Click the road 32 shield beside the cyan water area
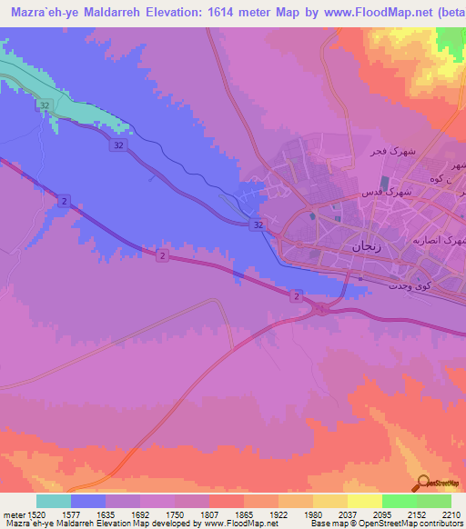pos(44,106)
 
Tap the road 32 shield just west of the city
pos(258,225)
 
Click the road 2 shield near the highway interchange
pos(296,296)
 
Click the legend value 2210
pos(441,514)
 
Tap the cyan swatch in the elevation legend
pos(54,500)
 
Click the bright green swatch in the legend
pos(400,500)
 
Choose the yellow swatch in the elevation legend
pos(365,500)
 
